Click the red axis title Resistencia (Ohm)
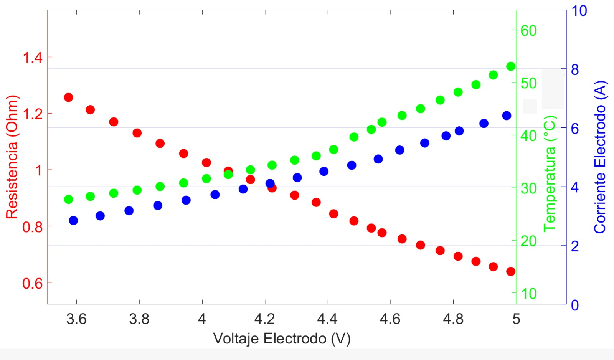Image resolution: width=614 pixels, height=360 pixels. tap(12, 157)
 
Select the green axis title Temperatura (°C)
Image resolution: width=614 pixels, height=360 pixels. tap(550, 173)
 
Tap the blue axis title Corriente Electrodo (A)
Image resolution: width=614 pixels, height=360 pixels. tap(600, 157)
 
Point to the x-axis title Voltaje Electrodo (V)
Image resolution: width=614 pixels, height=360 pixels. tap(282, 339)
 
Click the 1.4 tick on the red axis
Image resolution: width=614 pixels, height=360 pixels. tap(33, 58)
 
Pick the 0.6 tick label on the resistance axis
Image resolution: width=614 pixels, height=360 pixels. tap(33, 283)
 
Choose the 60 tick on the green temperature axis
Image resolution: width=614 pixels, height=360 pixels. tap(528, 31)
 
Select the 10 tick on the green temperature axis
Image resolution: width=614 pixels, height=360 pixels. tap(528, 294)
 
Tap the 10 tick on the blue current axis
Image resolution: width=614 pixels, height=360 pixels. tap(579, 11)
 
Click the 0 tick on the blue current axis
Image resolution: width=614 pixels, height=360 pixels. tap(575, 305)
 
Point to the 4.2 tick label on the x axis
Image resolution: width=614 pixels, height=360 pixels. tap(265, 319)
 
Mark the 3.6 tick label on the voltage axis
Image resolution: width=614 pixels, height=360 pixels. tap(76, 319)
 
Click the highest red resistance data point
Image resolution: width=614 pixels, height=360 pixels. tap(68, 97)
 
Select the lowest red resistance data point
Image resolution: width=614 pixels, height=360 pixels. tap(511, 272)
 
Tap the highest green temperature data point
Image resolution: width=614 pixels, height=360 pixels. tap(511, 66)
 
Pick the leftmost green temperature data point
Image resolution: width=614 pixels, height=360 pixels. tap(68, 199)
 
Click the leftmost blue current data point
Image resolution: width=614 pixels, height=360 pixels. tap(73, 221)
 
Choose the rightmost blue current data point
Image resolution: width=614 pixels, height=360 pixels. tap(507, 116)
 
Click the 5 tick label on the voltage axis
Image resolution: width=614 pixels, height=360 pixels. tap(516, 319)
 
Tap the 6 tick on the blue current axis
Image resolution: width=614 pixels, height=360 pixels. tap(575, 129)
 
